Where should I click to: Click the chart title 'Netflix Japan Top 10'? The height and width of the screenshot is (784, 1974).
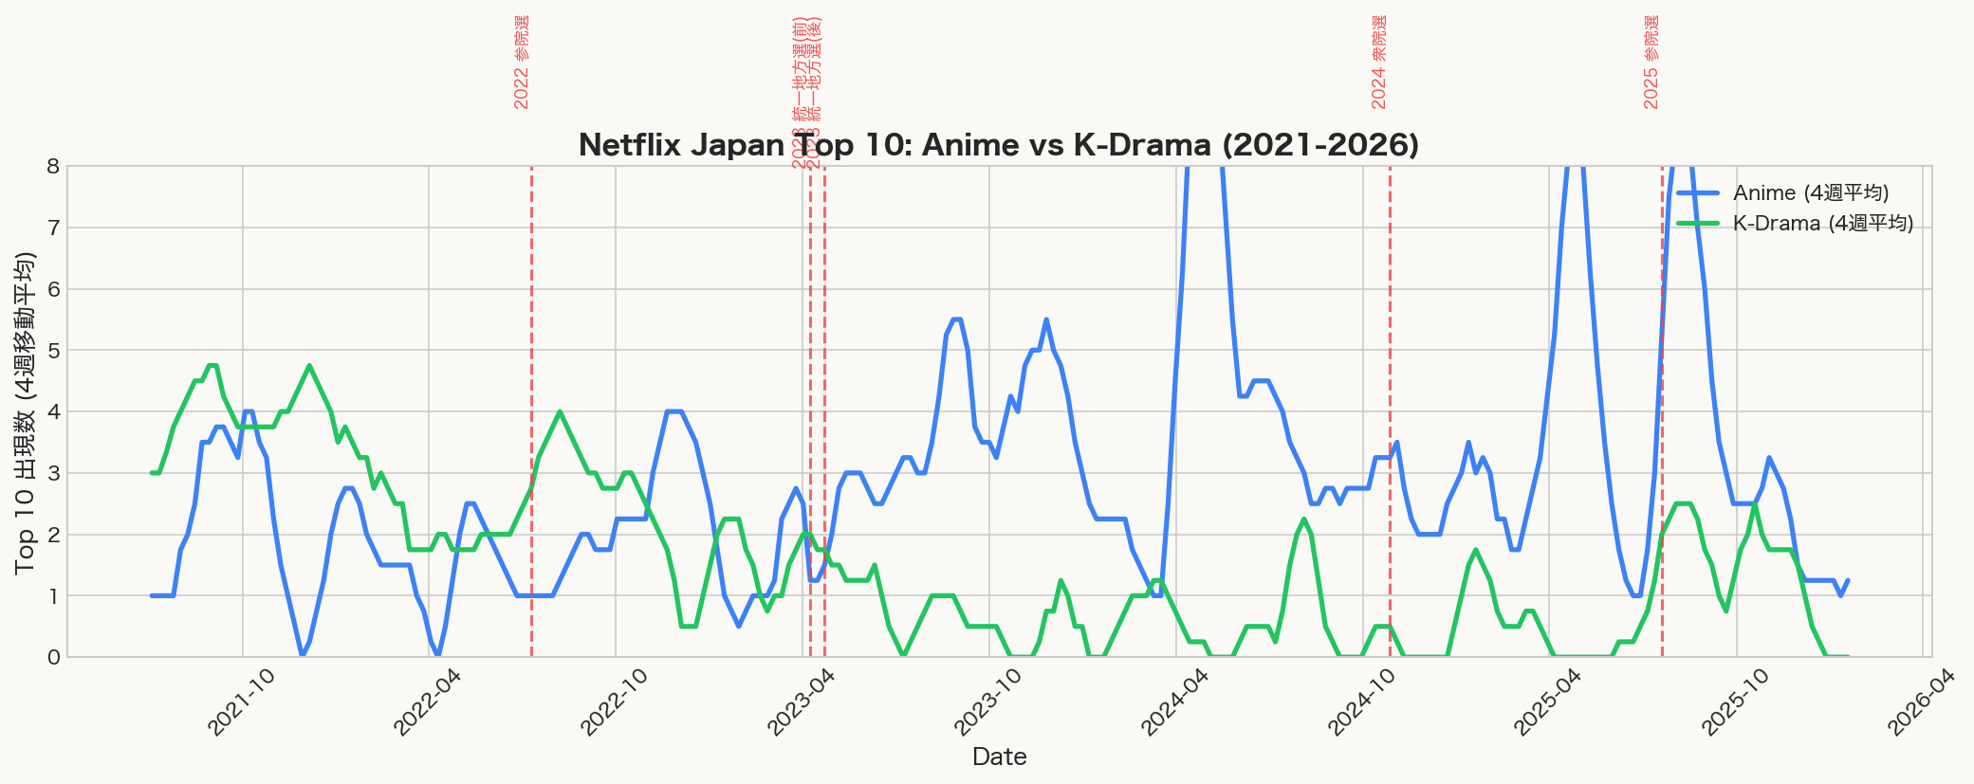(x=998, y=145)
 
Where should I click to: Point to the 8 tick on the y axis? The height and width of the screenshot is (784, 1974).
(x=52, y=167)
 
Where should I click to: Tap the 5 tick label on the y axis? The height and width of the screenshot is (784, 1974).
(x=52, y=351)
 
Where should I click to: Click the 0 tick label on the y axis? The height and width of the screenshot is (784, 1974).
(x=52, y=657)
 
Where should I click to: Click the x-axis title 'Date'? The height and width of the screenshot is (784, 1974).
(x=999, y=757)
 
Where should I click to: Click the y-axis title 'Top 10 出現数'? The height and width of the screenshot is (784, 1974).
(x=26, y=412)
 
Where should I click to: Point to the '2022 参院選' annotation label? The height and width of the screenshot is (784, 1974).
(x=522, y=62)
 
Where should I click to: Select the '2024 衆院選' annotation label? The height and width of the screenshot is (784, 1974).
(x=1379, y=62)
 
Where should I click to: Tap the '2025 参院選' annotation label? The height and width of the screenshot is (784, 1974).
(x=1651, y=62)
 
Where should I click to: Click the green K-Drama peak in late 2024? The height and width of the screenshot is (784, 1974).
(x=1304, y=520)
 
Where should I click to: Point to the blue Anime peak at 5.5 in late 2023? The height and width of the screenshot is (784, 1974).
(x=1046, y=320)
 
